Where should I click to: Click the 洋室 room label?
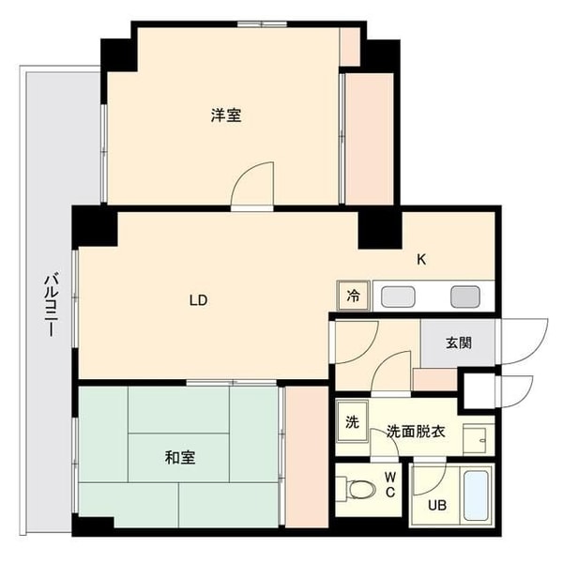225,115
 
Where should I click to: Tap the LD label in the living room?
198,300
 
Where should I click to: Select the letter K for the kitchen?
422,260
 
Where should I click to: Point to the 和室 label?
180,458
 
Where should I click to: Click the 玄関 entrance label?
459,342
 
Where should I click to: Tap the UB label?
438,505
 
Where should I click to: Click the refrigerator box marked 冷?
354,296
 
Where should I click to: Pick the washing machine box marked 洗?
352,421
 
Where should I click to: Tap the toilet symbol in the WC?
357,490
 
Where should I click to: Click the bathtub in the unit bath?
477,495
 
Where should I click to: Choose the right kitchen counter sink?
464,296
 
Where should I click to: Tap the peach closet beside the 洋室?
370,136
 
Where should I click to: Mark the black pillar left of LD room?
93,226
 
